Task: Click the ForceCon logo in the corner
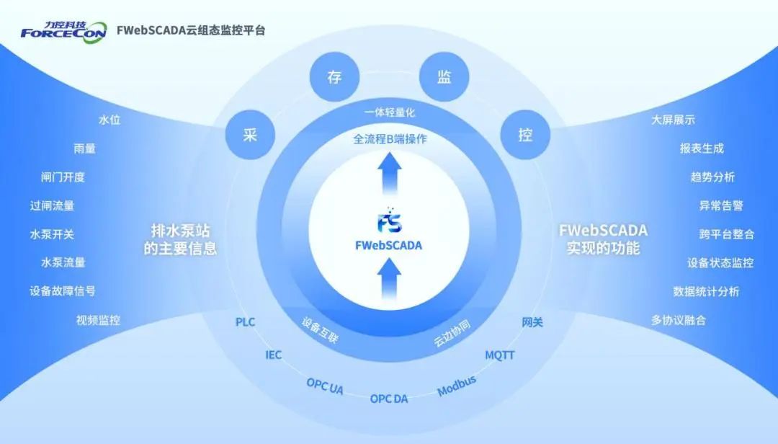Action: (63, 31)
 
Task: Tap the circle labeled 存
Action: (334, 77)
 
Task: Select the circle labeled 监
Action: (444, 77)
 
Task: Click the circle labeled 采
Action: (250, 135)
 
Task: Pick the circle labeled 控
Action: (525, 135)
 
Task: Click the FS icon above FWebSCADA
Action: (389, 221)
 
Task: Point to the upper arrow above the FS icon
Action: (390, 175)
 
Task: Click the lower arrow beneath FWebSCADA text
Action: (390, 277)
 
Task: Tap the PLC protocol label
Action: (245, 322)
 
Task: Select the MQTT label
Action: (499, 355)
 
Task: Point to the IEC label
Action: (274, 355)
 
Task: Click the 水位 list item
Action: (109, 120)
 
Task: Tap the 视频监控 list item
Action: (98, 320)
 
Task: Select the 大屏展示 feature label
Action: (673, 120)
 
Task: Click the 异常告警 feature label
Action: (721, 205)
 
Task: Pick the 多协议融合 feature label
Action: (679, 320)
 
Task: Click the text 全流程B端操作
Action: (390, 139)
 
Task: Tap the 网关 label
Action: (532, 322)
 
